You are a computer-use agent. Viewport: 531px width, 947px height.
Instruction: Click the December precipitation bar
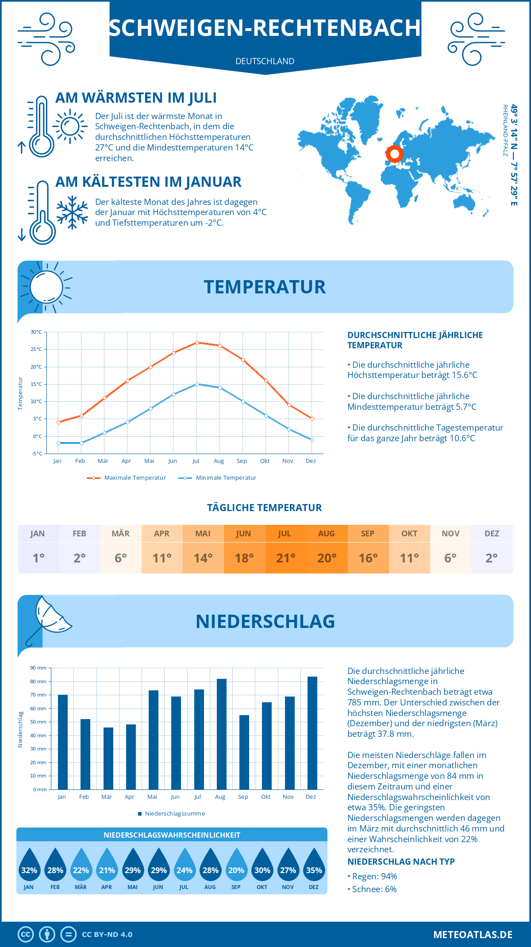pyautogui.click(x=312, y=733)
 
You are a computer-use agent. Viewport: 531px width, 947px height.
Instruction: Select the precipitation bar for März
pyautogui.click(x=108, y=758)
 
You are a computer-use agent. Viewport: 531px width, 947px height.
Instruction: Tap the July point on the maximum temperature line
pyautogui.click(x=197, y=343)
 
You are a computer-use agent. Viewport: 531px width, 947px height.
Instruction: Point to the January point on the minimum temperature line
pyautogui.click(x=58, y=443)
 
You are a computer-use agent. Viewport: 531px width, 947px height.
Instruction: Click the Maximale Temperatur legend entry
pyautogui.click(x=127, y=478)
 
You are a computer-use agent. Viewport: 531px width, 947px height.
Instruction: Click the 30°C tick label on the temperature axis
pyautogui.click(x=36, y=332)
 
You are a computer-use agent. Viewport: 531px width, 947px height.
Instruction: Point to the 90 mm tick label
pyautogui.click(x=38, y=668)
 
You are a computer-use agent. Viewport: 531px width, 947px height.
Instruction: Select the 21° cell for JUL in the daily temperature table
pyautogui.click(x=285, y=558)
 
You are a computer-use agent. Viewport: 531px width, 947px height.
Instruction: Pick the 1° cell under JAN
pyautogui.click(x=38, y=558)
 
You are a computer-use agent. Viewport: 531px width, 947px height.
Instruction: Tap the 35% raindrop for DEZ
pyautogui.click(x=314, y=865)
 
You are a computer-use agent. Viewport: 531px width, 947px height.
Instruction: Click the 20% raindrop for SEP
pyautogui.click(x=236, y=865)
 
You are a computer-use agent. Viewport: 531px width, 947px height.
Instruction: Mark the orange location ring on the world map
pyautogui.click(x=394, y=154)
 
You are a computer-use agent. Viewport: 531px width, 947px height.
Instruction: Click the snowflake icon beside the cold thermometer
pyautogui.click(x=72, y=212)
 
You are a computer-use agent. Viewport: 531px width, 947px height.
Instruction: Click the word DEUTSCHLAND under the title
pyautogui.click(x=265, y=62)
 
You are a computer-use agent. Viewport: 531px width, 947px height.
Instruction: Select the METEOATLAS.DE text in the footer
pyautogui.click(x=473, y=935)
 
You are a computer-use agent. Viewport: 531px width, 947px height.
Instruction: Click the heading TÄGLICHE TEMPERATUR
pyautogui.click(x=265, y=508)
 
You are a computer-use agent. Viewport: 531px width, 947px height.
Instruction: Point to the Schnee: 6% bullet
pyautogui.click(x=372, y=889)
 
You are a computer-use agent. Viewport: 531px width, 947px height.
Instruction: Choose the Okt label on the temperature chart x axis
pyautogui.click(x=265, y=461)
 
